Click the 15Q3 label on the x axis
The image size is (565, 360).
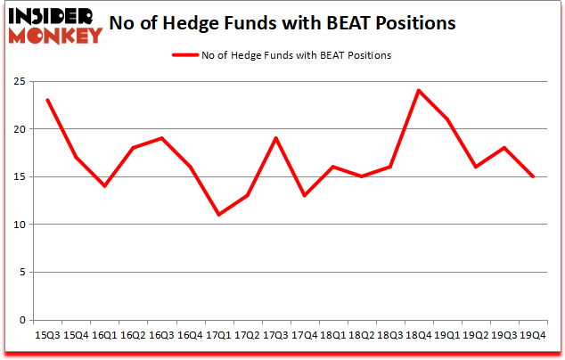(47, 335)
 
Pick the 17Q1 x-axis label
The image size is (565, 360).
(219, 335)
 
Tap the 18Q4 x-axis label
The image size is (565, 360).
(419, 335)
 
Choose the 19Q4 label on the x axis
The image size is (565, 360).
(533, 335)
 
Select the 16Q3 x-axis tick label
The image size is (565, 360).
(161, 335)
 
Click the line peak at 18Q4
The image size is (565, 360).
(419, 90)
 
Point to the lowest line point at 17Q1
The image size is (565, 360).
(219, 215)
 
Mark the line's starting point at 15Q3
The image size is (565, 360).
(47, 100)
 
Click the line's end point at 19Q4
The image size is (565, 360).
(533, 176)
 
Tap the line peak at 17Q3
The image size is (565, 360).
(276, 138)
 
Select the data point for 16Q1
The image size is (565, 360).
(104, 185)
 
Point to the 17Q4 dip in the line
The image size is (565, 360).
(305, 195)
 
